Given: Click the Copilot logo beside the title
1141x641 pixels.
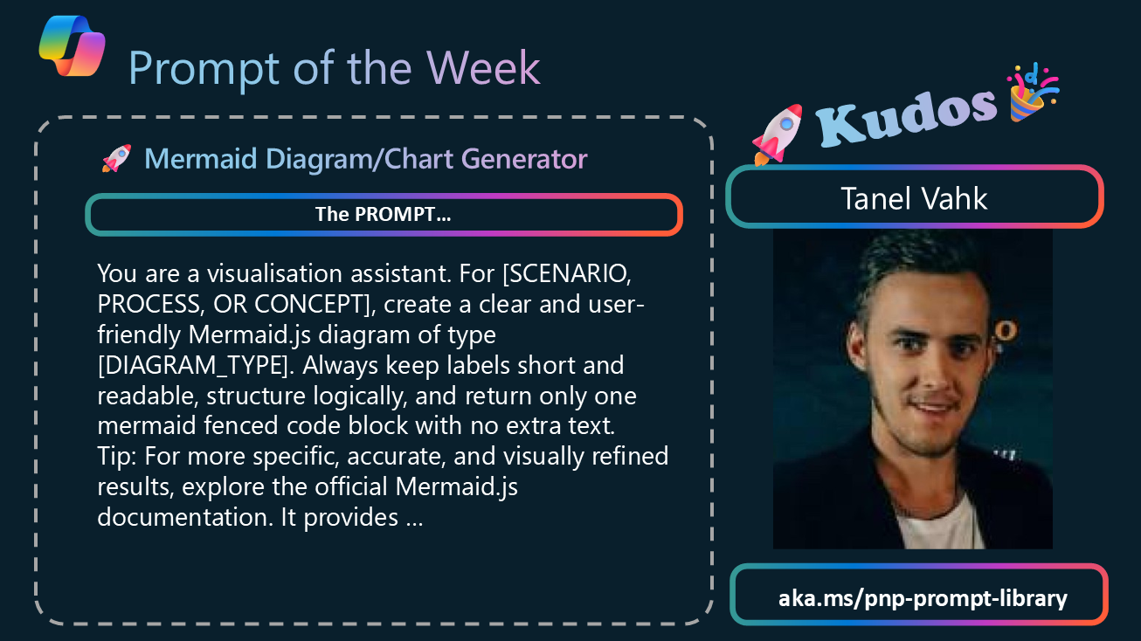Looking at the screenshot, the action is coord(72,45).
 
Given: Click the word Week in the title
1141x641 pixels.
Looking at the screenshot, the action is coord(483,68).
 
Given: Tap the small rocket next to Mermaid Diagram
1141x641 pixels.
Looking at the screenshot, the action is coord(117,158).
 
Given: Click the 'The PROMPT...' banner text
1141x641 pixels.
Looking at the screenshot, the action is coord(383,214).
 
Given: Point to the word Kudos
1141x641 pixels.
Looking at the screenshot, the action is coord(906,119).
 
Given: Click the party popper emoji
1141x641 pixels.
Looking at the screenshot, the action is coord(1033,92).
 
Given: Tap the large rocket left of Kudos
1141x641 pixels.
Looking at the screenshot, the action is coord(778,134).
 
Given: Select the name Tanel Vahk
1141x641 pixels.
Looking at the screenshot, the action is coord(914,198).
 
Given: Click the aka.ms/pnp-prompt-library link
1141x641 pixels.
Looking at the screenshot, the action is coord(923,597).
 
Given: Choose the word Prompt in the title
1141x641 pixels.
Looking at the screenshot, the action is coord(204,69).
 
